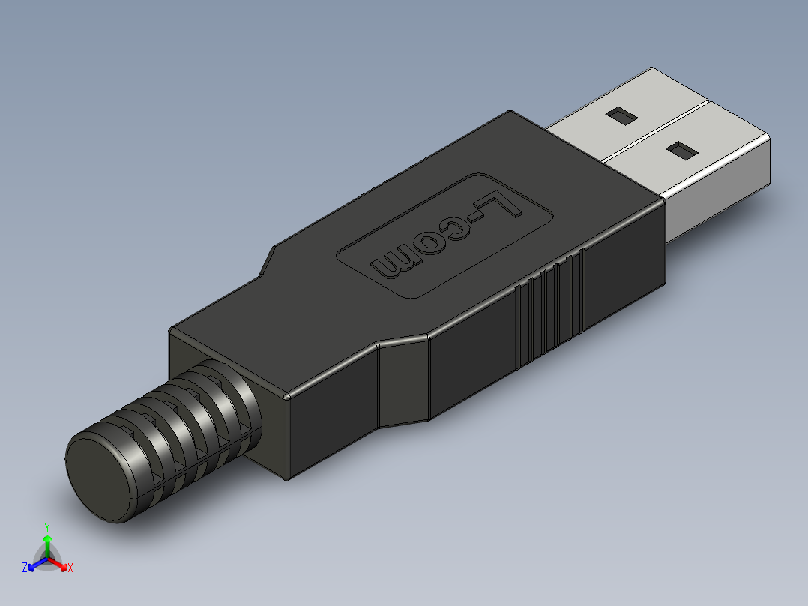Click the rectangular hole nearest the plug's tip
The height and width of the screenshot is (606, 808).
point(621,115)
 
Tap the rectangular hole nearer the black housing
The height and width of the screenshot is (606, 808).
point(681,151)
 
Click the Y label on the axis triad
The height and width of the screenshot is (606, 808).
point(46,527)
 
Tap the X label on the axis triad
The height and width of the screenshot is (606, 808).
point(70,568)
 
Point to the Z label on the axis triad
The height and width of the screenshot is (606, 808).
point(25,568)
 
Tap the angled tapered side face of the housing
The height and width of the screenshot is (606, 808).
point(403,382)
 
